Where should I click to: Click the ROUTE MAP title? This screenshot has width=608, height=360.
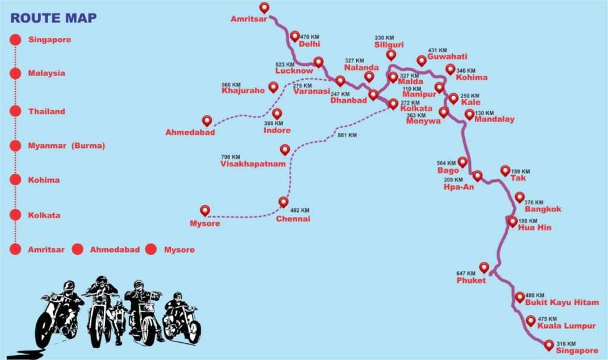pyautogui.click(x=53, y=18)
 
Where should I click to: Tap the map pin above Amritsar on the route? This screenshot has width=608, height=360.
pyautogui.click(x=264, y=7)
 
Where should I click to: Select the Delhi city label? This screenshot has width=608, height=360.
pyautogui.click(x=309, y=44)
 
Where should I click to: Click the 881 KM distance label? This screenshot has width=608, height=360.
pyautogui.click(x=347, y=135)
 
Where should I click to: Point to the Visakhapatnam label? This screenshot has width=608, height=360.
pyautogui.click(x=253, y=164)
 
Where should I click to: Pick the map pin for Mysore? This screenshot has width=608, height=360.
pyautogui.click(x=205, y=211)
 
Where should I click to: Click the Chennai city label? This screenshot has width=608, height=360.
pyautogui.click(x=293, y=219)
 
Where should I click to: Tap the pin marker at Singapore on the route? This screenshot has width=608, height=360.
pyautogui.click(x=549, y=345)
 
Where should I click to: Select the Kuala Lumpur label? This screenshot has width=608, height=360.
pyautogui.click(x=566, y=326)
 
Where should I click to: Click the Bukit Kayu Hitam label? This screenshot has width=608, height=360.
pyautogui.click(x=562, y=302)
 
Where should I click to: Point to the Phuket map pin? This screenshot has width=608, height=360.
pyautogui.click(x=483, y=267)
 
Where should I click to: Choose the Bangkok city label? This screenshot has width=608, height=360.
pyautogui.click(x=543, y=209)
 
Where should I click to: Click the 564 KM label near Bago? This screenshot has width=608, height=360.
pyautogui.click(x=446, y=163)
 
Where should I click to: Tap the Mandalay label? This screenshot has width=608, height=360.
pyautogui.click(x=495, y=119)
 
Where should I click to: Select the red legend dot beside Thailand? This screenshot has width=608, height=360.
pyautogui.click(x=15, y=111)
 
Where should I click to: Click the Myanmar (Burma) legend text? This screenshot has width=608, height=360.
pyautogui.click(x=66, y=146)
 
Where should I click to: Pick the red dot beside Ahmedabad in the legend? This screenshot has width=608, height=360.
pyautogui.click(x=78, y=250)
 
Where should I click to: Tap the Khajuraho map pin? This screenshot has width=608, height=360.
pyautogui.click(x=273, y=87)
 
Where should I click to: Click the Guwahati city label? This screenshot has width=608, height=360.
pyautogui.click(x=448, y=56)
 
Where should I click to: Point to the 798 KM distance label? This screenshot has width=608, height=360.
pyautogui.click(x=230, y=157)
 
